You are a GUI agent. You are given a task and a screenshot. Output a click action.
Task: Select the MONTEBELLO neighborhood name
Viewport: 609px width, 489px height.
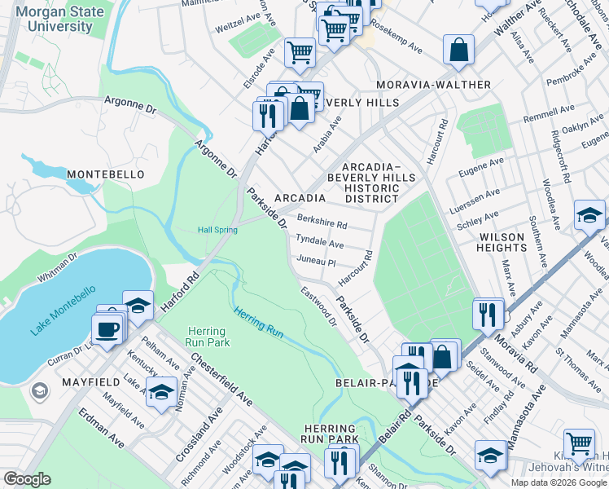click(105, 174)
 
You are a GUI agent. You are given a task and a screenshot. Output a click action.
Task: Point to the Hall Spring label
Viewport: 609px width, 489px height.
click(217, 230)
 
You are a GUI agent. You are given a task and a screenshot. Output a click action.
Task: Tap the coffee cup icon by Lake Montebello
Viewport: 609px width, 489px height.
click(107, 330)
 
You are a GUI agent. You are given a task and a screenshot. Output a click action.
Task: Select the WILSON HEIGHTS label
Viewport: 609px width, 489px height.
click(502, 242)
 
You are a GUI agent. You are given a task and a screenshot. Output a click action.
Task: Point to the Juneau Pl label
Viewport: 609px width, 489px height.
click(317, 262)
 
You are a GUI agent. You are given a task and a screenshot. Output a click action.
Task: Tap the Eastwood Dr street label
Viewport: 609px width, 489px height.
click(318, 306)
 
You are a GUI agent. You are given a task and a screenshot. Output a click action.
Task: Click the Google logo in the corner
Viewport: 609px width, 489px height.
click(27, 479)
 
